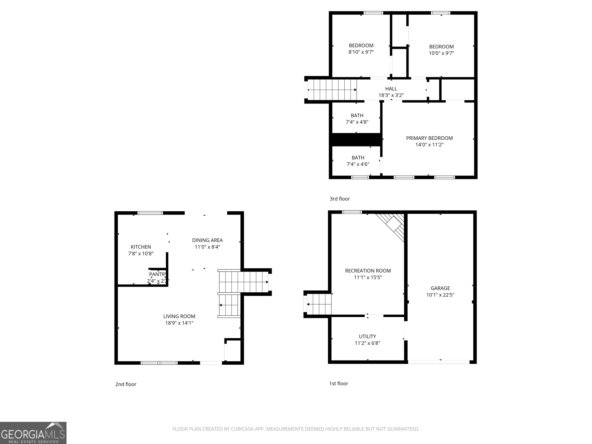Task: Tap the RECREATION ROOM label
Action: coord(368,271)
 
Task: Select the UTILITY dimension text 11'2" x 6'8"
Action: coord(367,343)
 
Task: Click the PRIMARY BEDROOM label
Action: coord(429,138)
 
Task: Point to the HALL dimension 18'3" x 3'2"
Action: coord(391,95)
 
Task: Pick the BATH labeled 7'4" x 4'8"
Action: coord(357,116)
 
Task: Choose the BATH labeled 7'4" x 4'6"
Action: coord(358,158)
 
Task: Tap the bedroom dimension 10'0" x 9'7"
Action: coord(441,53)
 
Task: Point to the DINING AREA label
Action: coord(207,240)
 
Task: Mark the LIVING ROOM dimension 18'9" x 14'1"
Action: coord(179,323)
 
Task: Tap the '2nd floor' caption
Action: coord(126,384)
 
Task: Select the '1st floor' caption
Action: coord(339,383)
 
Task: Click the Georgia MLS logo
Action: coord(33,433)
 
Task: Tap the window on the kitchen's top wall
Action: coord(150,213)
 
